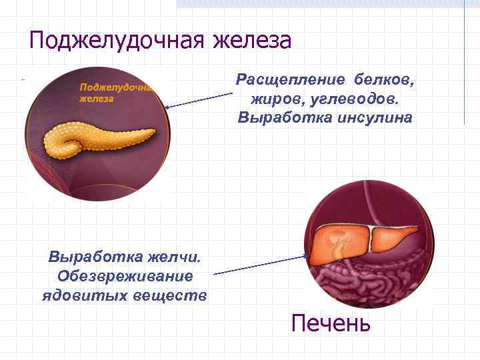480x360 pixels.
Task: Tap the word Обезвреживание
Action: [125, 275]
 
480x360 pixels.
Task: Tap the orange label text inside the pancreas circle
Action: [113, 93]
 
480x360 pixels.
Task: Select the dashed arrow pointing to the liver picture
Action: [260, 265]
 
